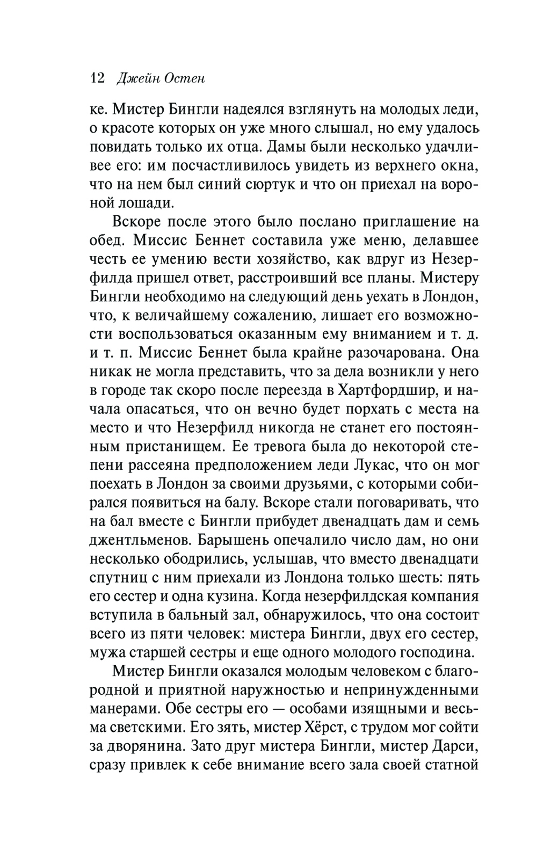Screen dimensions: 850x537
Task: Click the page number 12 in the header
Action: (x=97, y=78)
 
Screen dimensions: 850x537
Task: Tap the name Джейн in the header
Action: (x=136, y=78)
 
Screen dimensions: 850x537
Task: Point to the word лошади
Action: (x=147, y=202)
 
